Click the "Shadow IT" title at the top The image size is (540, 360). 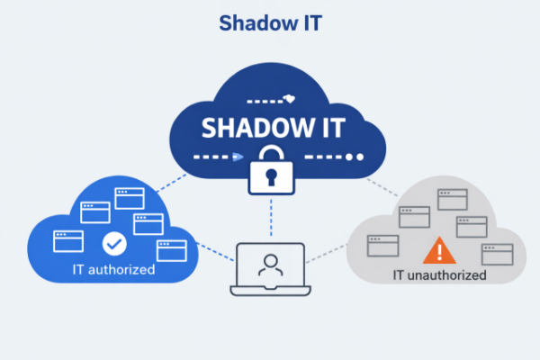[270, 23]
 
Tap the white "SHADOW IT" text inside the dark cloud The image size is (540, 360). [273, 128]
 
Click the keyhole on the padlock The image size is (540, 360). [271, 176]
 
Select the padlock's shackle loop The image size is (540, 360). [272, 154]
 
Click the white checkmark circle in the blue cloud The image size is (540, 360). [114, 244]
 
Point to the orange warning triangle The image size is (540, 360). [439, 250]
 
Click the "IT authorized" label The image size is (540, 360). [113, 269]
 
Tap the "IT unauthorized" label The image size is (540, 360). [439, 275]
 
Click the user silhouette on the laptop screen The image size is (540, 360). [271, 265]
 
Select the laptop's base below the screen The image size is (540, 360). [271, 291]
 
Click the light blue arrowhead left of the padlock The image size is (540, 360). [238, 157]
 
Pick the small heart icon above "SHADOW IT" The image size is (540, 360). [290, 99]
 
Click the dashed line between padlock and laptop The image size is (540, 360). [271, 218]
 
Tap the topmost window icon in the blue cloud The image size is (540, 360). [130, 198]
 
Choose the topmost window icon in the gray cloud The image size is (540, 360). [453, 200]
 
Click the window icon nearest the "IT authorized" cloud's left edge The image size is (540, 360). [68, 241]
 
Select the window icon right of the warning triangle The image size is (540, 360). [498, 255]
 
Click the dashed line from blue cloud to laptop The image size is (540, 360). [215, 252]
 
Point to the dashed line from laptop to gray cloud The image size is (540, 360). [327, 254]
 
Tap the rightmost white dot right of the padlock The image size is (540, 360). [360, 157]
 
